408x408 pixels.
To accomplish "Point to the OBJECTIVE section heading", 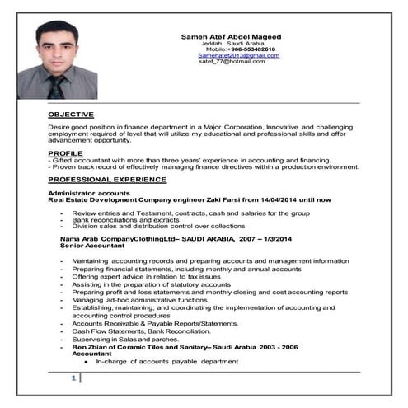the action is point(71,114).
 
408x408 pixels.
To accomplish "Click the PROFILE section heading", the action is point(65,153).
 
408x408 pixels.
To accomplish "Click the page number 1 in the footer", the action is point(73,378).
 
